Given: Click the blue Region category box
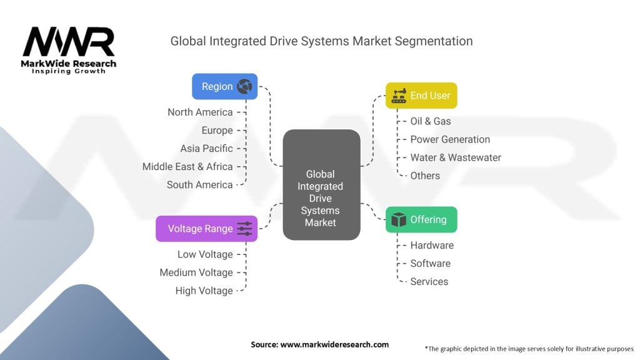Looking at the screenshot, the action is pyautogui.click(x=224, y=86).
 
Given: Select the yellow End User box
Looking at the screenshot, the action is pyautogui.click(x=421, y=96).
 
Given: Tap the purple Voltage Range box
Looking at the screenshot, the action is pyautogui.click(x=206, y=229).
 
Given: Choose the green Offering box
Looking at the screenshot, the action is pyautogui.click(x=421, y=219).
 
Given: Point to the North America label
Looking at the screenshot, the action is pyautogui.click(x=200, y=112).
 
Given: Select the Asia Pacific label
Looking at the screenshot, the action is pyautogui.click(x=206, y=149).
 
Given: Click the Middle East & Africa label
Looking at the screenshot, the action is pyautogui.click(x=187, y=167).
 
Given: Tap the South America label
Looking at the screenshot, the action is pyautogui.click(x=199, y=185).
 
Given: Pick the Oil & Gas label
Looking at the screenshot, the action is pyautogui.click(x=430, y=121).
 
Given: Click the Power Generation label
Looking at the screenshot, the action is pyautogui.click(x=450, y=139).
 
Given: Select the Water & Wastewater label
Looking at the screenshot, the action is pyautogui.click(x=456, y=157).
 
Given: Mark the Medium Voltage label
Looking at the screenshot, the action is pyautogui.click(x=196, y=272).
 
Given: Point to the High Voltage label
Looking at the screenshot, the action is pyautogui.click(x=204, y=291).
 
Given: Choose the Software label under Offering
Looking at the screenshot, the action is pyautogui.click(x=430, y=264).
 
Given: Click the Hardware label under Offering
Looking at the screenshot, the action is pyautogui.click(x=432, y=246).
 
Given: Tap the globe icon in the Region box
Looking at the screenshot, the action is pyautogui.click(x=244, y=87).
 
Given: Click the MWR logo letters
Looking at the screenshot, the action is pyautogui.click(x=69, y=42).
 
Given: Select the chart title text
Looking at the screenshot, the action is pyautogui.click(x=321, y=41).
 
